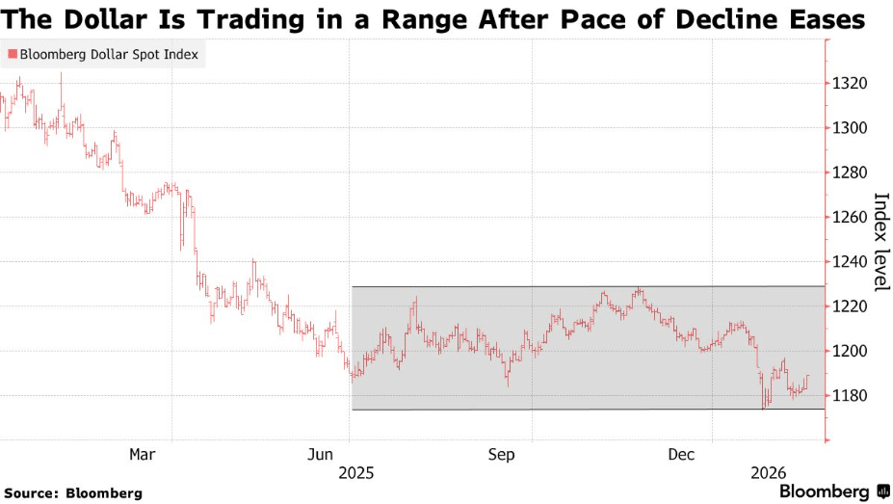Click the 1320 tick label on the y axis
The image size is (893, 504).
850,84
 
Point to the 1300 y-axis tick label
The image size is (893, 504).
850,128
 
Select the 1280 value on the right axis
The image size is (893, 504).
850,172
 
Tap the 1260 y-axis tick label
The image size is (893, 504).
850,217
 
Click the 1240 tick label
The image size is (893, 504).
850,261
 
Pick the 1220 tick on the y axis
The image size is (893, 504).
850,306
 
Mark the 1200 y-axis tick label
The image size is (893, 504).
850,351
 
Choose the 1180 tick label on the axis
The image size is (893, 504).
850,395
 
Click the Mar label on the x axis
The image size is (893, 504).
143,453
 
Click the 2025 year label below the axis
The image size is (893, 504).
355,473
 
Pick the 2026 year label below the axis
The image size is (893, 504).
769,473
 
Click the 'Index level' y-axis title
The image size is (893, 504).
880,242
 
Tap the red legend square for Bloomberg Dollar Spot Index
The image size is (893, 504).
12,55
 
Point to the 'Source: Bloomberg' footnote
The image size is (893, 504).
72,493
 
